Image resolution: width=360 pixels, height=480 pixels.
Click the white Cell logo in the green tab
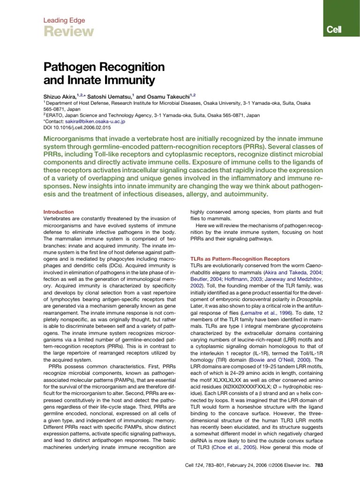tap(335, 30)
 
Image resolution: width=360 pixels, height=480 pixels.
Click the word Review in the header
tap(68, 31)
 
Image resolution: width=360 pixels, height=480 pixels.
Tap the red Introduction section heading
tap(59, 212)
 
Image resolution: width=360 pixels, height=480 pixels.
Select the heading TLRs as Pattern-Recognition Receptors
tap(240, 259)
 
